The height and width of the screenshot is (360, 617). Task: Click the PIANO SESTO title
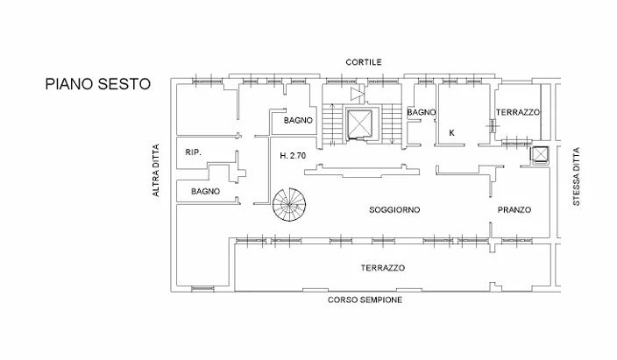tap(98, 84)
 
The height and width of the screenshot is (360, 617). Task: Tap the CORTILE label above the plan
tap(364, 62)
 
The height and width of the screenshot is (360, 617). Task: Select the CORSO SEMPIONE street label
tap(365, 300)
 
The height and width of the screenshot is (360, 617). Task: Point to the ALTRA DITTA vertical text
tap(156, 170)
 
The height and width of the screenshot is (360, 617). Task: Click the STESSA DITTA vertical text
tap(577, 176)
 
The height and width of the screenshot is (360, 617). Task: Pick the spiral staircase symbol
tap(289, 205)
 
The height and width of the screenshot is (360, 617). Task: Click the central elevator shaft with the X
tap(359, 124)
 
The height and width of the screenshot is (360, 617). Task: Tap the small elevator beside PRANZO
tap(540, 155)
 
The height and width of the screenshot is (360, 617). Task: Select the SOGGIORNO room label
tap(394, 210)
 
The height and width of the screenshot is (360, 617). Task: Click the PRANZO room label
tap(514, 210)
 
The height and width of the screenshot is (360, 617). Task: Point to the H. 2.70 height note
tap(293, 156)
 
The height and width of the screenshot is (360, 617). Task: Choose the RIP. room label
tap(193, 152)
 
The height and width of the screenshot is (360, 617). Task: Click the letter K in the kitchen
tap(451, 133)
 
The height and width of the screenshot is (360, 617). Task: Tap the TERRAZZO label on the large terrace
tap(383, 268)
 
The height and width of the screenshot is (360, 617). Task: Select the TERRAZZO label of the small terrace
tap(518, 112)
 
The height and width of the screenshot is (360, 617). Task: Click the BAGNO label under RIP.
tap(205, 192)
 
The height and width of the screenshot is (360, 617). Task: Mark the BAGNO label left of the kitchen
tap(422, 112)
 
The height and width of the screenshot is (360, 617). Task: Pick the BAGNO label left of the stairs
tap(298, 120)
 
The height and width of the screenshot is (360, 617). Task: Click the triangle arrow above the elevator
tap(358, 94)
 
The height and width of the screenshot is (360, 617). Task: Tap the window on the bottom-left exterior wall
tap(203, 289)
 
